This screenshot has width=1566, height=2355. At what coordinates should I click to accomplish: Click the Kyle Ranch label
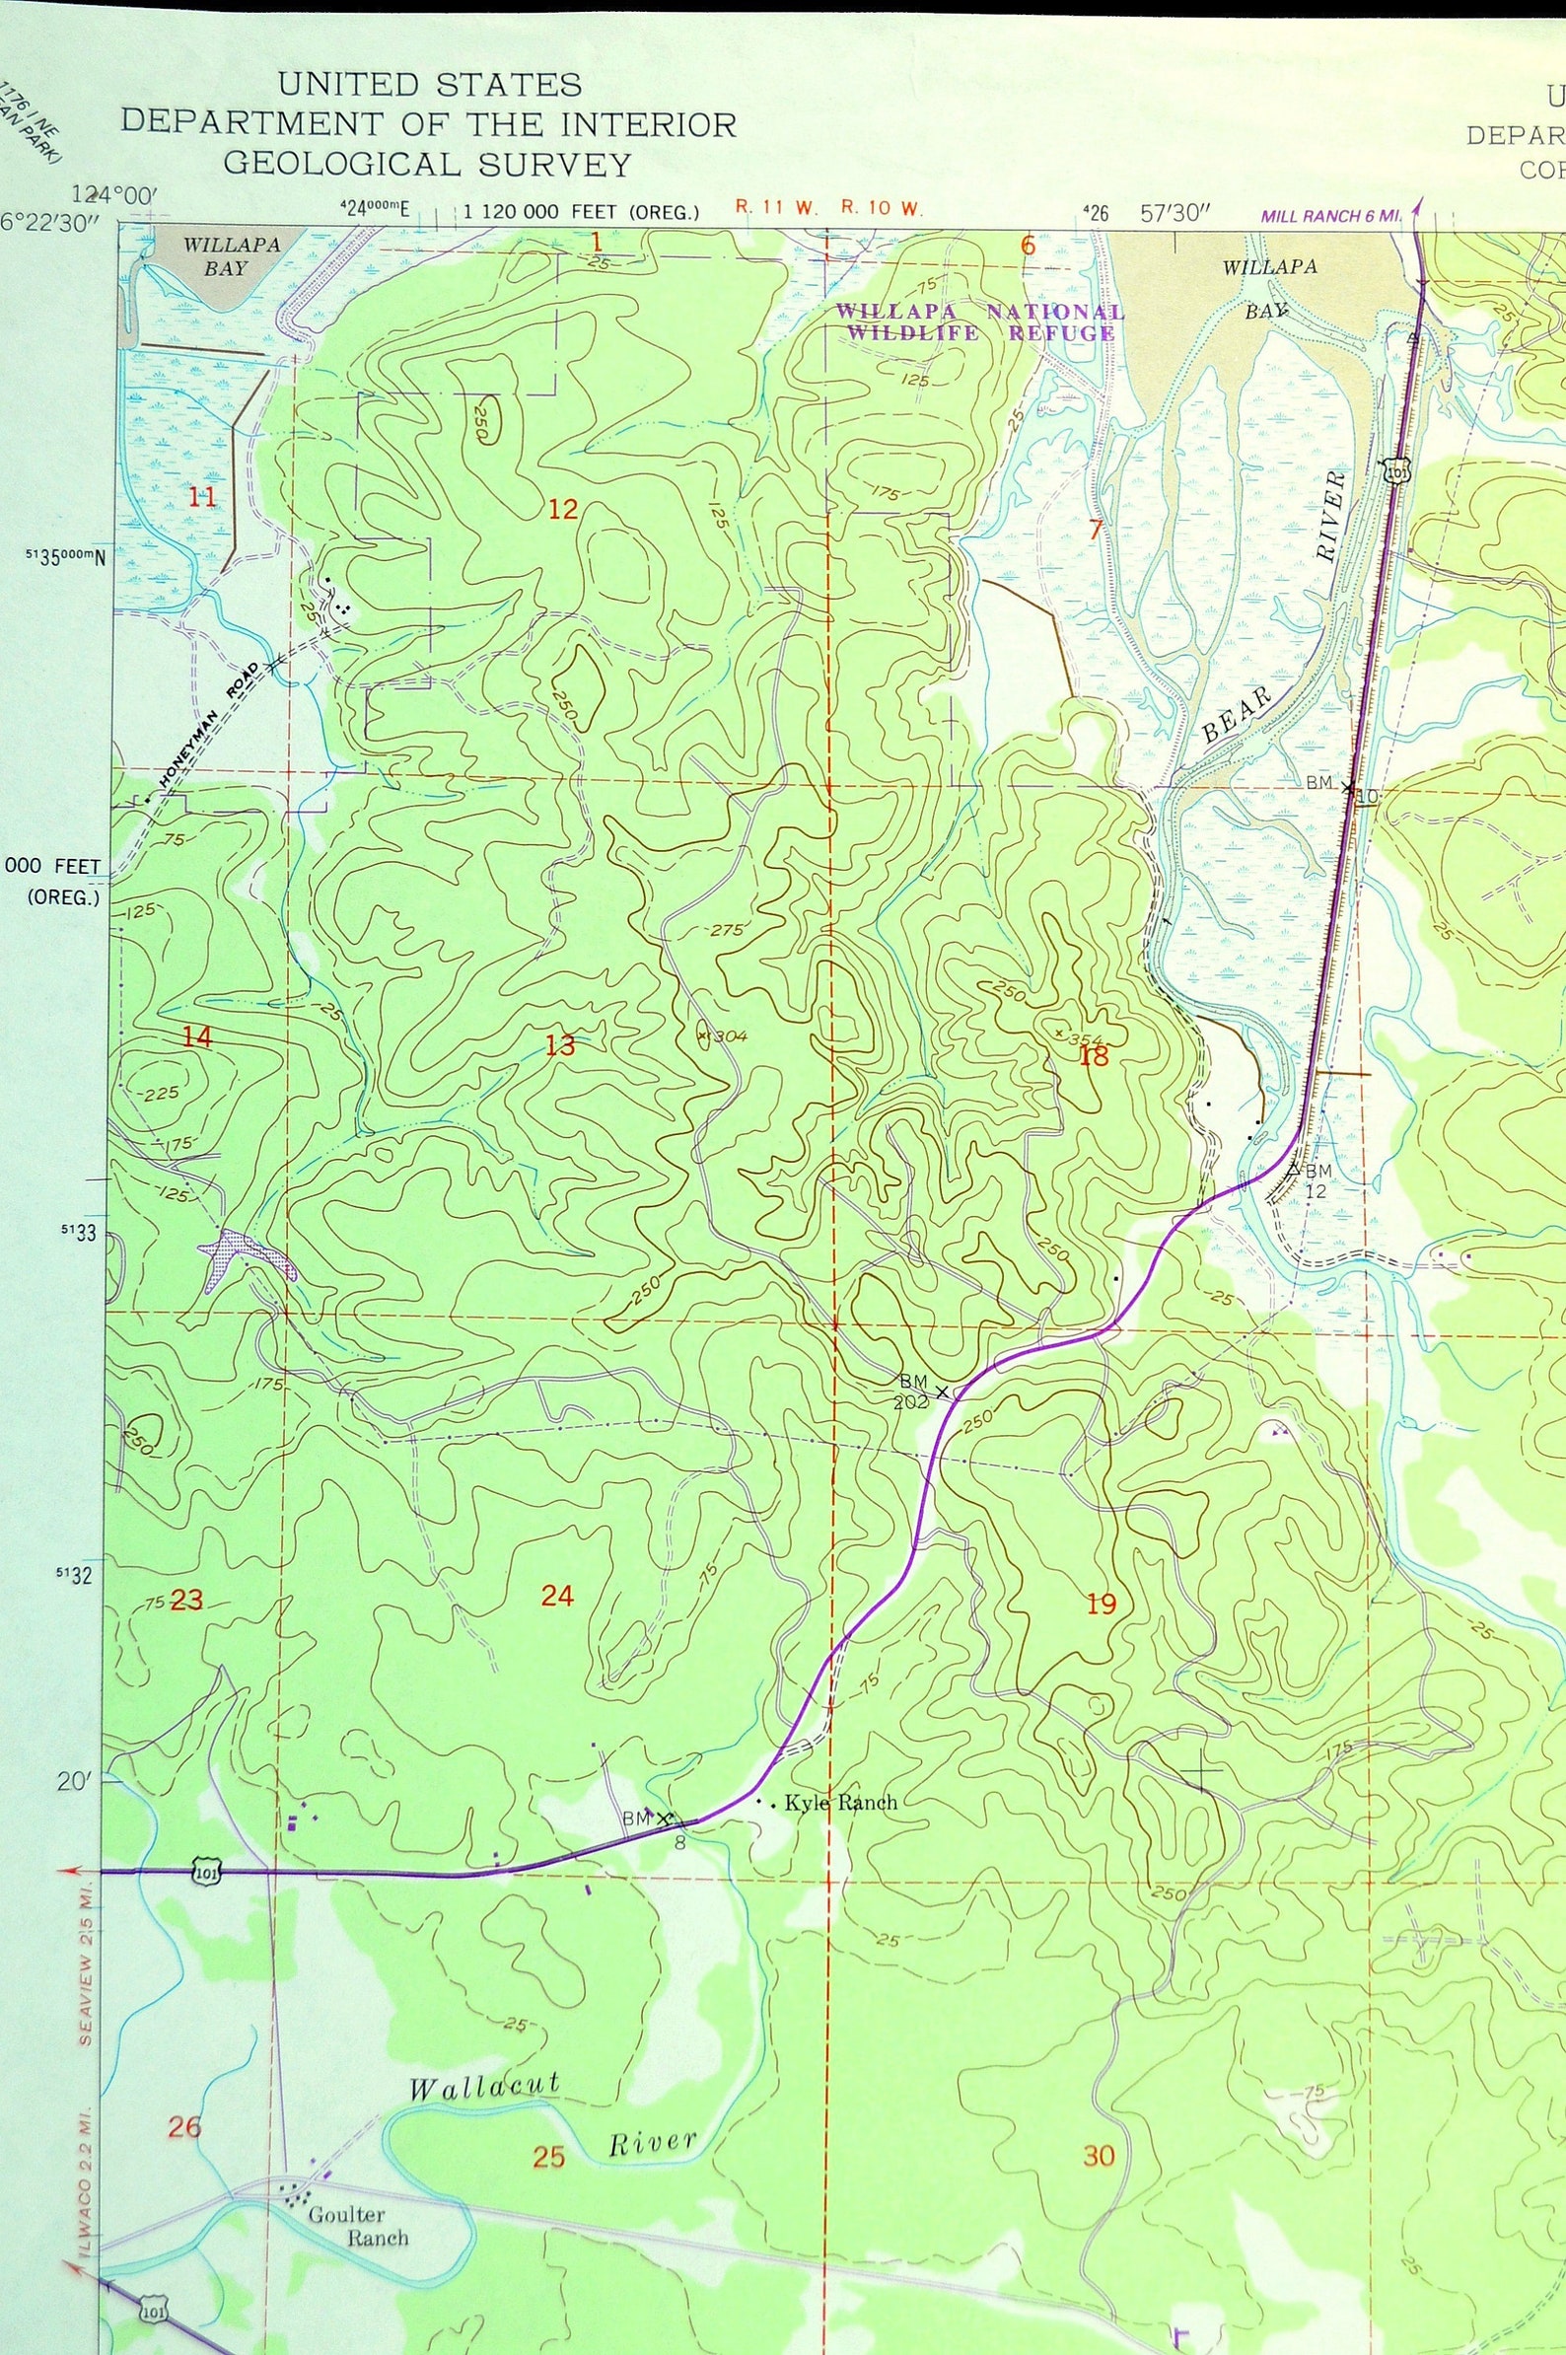pos(840,1803)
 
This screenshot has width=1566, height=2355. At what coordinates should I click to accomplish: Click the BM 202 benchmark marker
pos(941,1392)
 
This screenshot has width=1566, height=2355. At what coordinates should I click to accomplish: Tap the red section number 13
pos(560,1045)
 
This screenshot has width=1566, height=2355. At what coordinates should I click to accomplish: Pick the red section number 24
pos(557,1596)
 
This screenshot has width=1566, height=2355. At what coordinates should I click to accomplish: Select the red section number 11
pos(202,496)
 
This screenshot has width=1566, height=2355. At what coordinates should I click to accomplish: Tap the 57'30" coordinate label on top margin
pos(1175,213)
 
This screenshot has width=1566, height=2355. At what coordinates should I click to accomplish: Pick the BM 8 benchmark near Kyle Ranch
pos(663,1819)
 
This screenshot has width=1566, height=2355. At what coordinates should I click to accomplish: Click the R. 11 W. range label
pos(776,209)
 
